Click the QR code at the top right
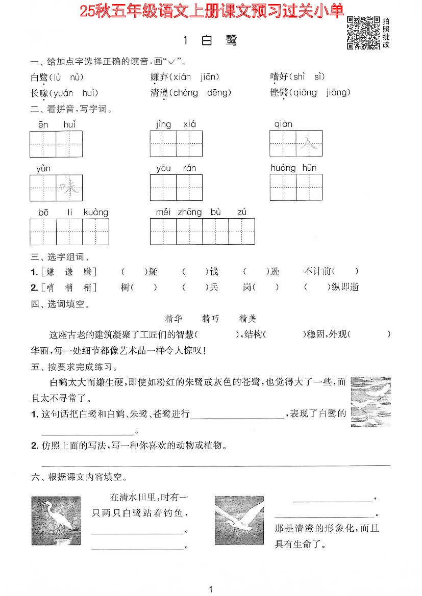[363, 33]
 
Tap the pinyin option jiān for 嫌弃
[207, 77]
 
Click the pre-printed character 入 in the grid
[309, 143]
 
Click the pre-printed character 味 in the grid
[69, 188]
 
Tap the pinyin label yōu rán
[176, 168]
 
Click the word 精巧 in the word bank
[211, 319]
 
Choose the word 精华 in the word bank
[174, 319]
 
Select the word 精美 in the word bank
[247, 319]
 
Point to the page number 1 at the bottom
[210, 590]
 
